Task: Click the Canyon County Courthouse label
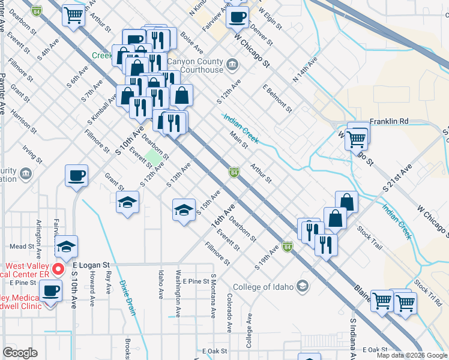coord(195,65)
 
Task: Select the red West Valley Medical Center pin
coord(58,268)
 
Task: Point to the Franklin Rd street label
coord(388,121)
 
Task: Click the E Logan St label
coord(91,264)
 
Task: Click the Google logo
coord(20,353)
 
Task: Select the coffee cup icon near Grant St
coord(76,176)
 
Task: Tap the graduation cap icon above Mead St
coord(66,246)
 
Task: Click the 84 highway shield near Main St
coord(234,173)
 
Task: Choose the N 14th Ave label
coord(304,70)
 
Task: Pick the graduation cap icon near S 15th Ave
coord(184,210)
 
